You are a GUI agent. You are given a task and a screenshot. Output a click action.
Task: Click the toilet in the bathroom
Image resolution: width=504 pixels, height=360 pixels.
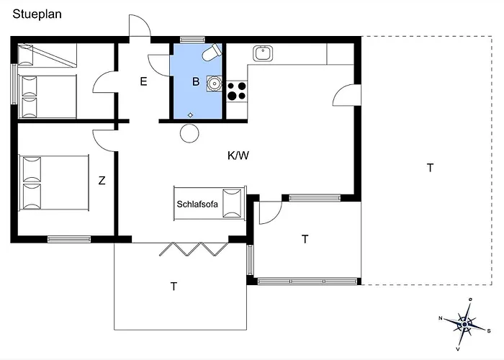tap(211, 53)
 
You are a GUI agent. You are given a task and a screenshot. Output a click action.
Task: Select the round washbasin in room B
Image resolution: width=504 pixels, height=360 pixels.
tap(213, 83)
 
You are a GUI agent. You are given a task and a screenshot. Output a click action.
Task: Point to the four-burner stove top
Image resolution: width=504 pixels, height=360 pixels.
tap(237, 91)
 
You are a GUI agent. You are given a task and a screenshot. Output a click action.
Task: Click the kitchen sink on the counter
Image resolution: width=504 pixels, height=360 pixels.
tap(262, 53)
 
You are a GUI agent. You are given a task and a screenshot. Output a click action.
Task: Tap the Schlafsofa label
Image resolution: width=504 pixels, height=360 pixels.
tap(197, 204)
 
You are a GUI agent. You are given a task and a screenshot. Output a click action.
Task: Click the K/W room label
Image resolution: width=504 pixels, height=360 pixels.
tap(239, 155)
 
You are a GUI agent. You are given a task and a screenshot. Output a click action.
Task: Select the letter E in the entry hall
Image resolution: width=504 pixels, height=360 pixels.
tap(143, 81)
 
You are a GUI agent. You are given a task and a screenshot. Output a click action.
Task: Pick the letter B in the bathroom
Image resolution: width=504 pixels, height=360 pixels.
tap(195, 81)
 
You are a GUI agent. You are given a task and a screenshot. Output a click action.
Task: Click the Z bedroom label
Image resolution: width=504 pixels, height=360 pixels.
tap(102, 181)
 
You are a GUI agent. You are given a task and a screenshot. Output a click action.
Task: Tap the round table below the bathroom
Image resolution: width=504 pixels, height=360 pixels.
tap(190, 132)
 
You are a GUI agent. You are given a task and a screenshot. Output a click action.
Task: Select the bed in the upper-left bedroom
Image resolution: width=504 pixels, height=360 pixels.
tap(48, 96)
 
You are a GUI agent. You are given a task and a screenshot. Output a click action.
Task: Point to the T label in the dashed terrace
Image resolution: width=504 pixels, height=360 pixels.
tap(430, 168)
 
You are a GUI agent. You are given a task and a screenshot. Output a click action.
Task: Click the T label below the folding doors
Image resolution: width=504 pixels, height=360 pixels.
tap(174, 286)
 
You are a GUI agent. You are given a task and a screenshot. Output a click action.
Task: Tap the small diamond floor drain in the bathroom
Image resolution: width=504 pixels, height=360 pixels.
tap(190, 115)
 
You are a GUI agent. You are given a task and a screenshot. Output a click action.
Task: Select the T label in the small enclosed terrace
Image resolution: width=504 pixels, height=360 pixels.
tap(305, 238)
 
